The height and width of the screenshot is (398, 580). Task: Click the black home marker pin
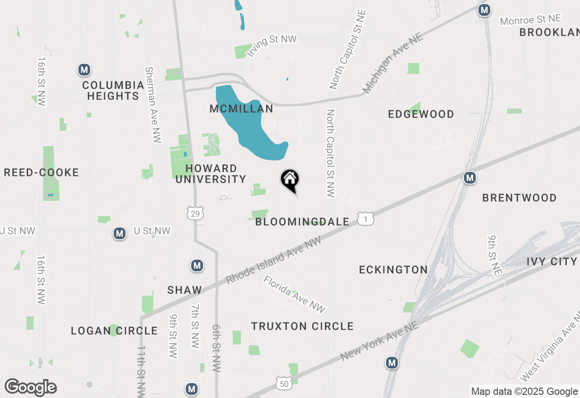tap(290, 180)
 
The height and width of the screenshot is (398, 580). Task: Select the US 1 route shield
tap(366, 219)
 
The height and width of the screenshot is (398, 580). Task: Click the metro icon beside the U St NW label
tap(120, 233)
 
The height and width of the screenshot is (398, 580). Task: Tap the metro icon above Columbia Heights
tap(84, 70)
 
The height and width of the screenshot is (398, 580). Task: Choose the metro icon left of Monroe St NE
tap(485, 9)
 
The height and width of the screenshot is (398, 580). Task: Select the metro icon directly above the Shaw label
tap(197, 265)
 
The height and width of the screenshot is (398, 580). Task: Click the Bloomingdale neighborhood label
tap(302, 222)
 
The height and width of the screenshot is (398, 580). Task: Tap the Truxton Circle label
tap(302, 326)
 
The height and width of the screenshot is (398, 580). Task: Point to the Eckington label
tap(393, 270)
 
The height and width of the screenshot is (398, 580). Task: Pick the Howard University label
tap(211, 174)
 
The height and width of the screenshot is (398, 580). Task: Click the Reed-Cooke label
tap(41, 172)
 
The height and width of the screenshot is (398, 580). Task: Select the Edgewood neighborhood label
tap(421, 114)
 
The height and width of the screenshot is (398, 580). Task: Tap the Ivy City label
tap(552, 261)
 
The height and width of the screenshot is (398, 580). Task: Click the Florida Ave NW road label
tap(294, 294)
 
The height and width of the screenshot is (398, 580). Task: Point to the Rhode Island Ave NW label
tap(273, 261)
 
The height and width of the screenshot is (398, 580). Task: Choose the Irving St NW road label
tap(271, 45)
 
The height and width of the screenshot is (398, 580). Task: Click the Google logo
tap(30, 388)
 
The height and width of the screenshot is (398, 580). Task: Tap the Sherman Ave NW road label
tap(153, 104)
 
